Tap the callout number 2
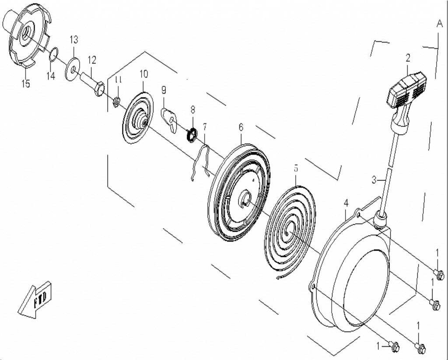(x=408, y=57)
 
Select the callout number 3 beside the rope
(x=374, y=180)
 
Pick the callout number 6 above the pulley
(x=241, y=127)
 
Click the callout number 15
(x=26, y=83)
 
